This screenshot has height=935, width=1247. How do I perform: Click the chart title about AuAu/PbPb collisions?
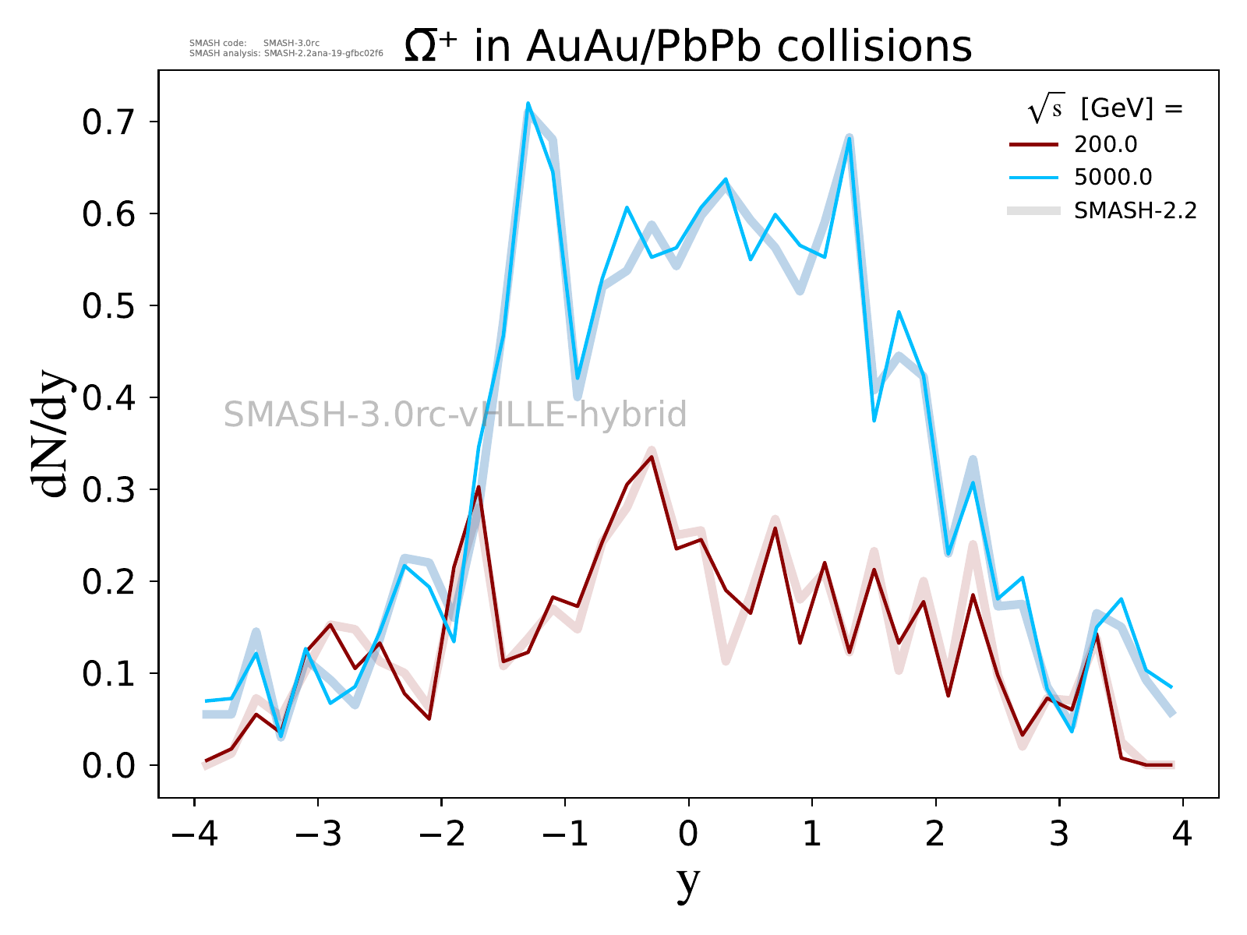click(x=688, y=47)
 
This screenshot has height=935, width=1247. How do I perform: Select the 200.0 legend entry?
click(x=1105, y=145)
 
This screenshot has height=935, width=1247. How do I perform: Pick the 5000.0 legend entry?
click(x=1112, y=178)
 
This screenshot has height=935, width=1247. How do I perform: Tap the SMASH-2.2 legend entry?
click(x=1135, y=210)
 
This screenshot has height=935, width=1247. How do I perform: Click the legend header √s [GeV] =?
click(x=1105, y=110)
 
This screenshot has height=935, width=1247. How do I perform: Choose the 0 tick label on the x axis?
click(x=688, y=835)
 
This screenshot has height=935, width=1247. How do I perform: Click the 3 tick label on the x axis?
click(x=1059, y=835)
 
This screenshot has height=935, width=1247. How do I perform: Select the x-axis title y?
click(x=688, y=882)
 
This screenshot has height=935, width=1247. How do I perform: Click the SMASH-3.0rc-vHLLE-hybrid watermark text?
click(x=455, y=415)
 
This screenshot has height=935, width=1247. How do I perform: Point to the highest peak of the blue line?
click(x=528, y=104)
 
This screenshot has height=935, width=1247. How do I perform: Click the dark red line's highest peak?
click(x=652, y=457)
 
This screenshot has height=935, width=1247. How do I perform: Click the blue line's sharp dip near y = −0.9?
click(x=578, y=379)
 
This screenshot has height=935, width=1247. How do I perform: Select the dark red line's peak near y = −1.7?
click(x=478, y=487)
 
